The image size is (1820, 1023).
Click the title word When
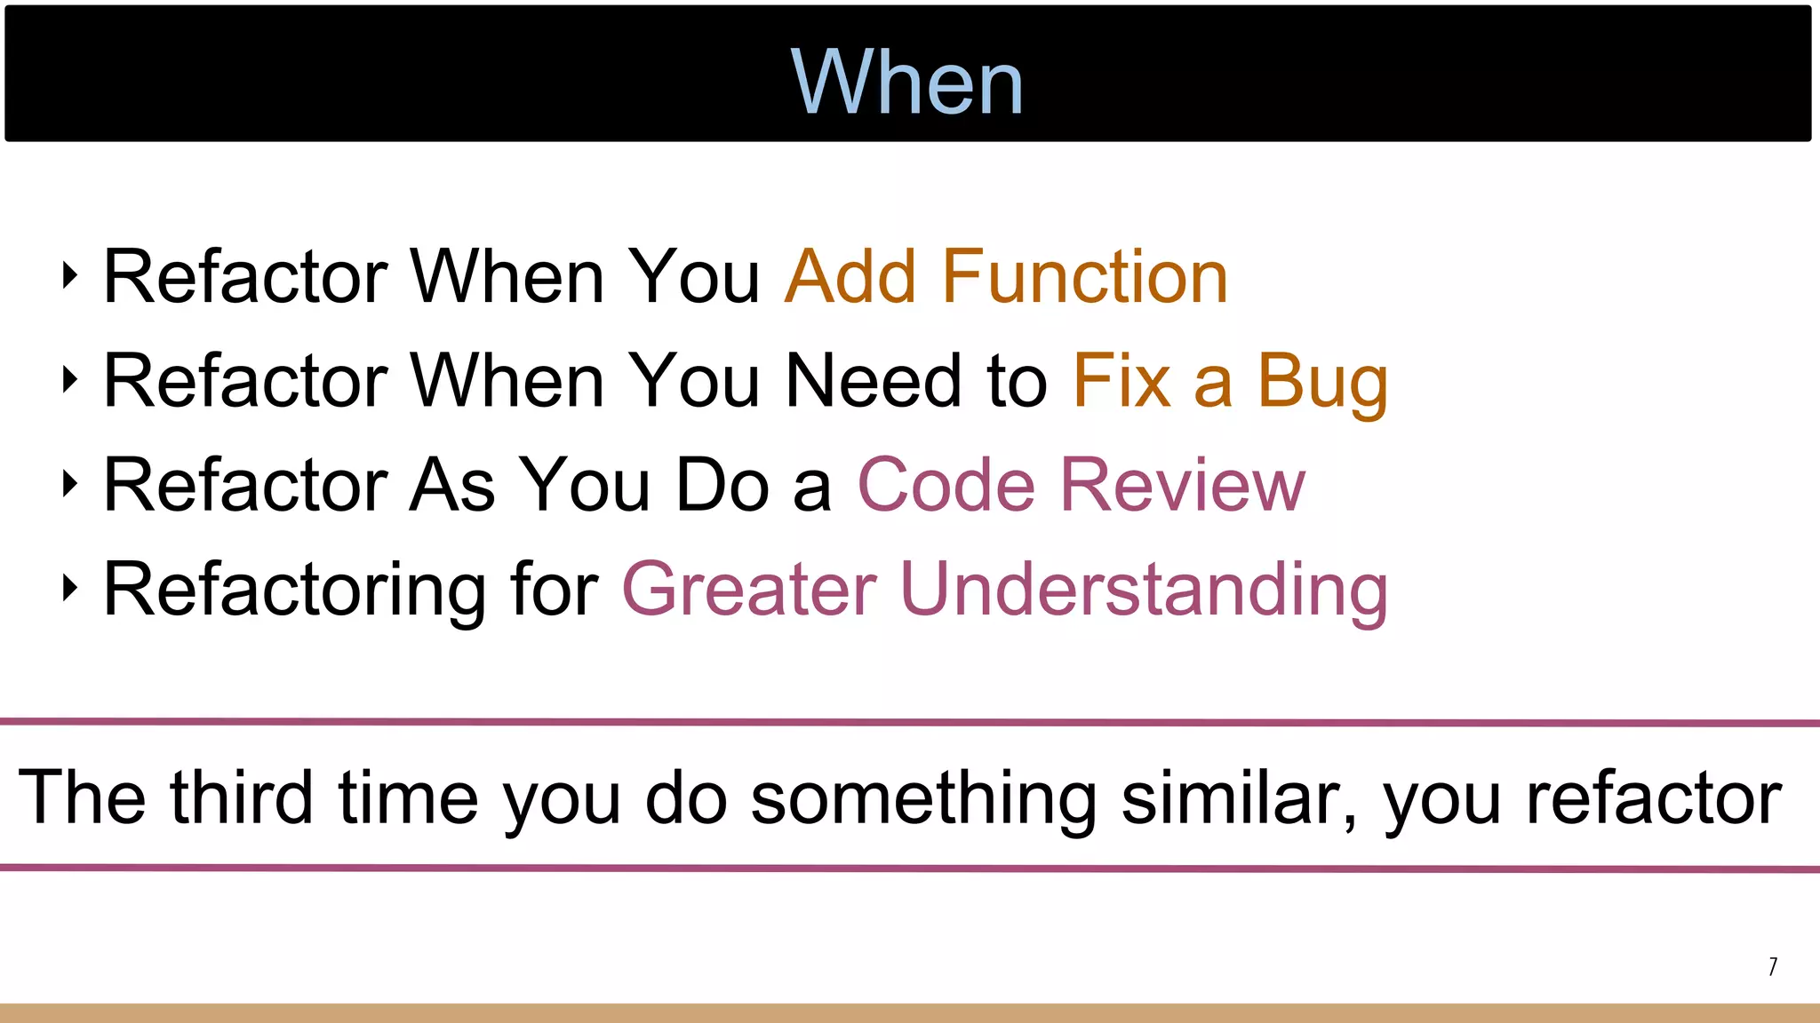(x=906, y=82)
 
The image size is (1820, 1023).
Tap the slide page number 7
(x=1772, y=966)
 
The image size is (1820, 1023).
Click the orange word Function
(x=1084, y=277)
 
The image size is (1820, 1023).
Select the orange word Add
(x=850, y=277)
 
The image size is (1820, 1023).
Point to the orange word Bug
(x=1321, y=382)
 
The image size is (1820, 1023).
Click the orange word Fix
(x=1122, y=382)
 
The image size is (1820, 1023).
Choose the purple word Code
(x=946, y=486)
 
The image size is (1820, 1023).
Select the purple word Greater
(x=749, y=590)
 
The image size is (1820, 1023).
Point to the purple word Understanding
(x=1144, y=590)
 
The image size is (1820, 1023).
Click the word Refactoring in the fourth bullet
(x=294, y=590)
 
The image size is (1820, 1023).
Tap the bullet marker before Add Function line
(x=70, y=275)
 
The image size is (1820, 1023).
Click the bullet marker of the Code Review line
(x=70, y=484)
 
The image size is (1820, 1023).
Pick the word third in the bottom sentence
(x=242, y=797)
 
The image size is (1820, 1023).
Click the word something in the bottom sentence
(x=923, y=797)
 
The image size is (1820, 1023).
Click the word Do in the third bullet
(x=722, y=486)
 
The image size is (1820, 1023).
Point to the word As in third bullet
(x=451, y=486)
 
